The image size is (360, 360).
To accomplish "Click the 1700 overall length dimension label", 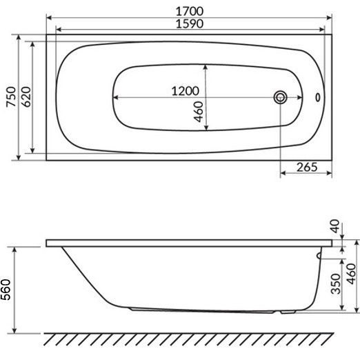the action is click(190, 11).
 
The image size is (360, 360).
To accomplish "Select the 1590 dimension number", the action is click(190, 23).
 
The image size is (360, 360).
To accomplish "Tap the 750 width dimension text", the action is click(11, 97).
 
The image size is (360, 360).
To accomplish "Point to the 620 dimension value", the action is click(26, 97).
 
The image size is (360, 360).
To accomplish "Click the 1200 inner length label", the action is click(186, 91).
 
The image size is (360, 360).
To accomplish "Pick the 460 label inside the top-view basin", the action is click(199, 112).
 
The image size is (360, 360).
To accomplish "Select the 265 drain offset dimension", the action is click(307, 167).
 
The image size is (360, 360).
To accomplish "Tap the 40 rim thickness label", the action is click(334, 226).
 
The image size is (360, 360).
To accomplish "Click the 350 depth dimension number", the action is click(335, 283).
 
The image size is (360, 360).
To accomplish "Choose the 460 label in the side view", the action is click(351, 274).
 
